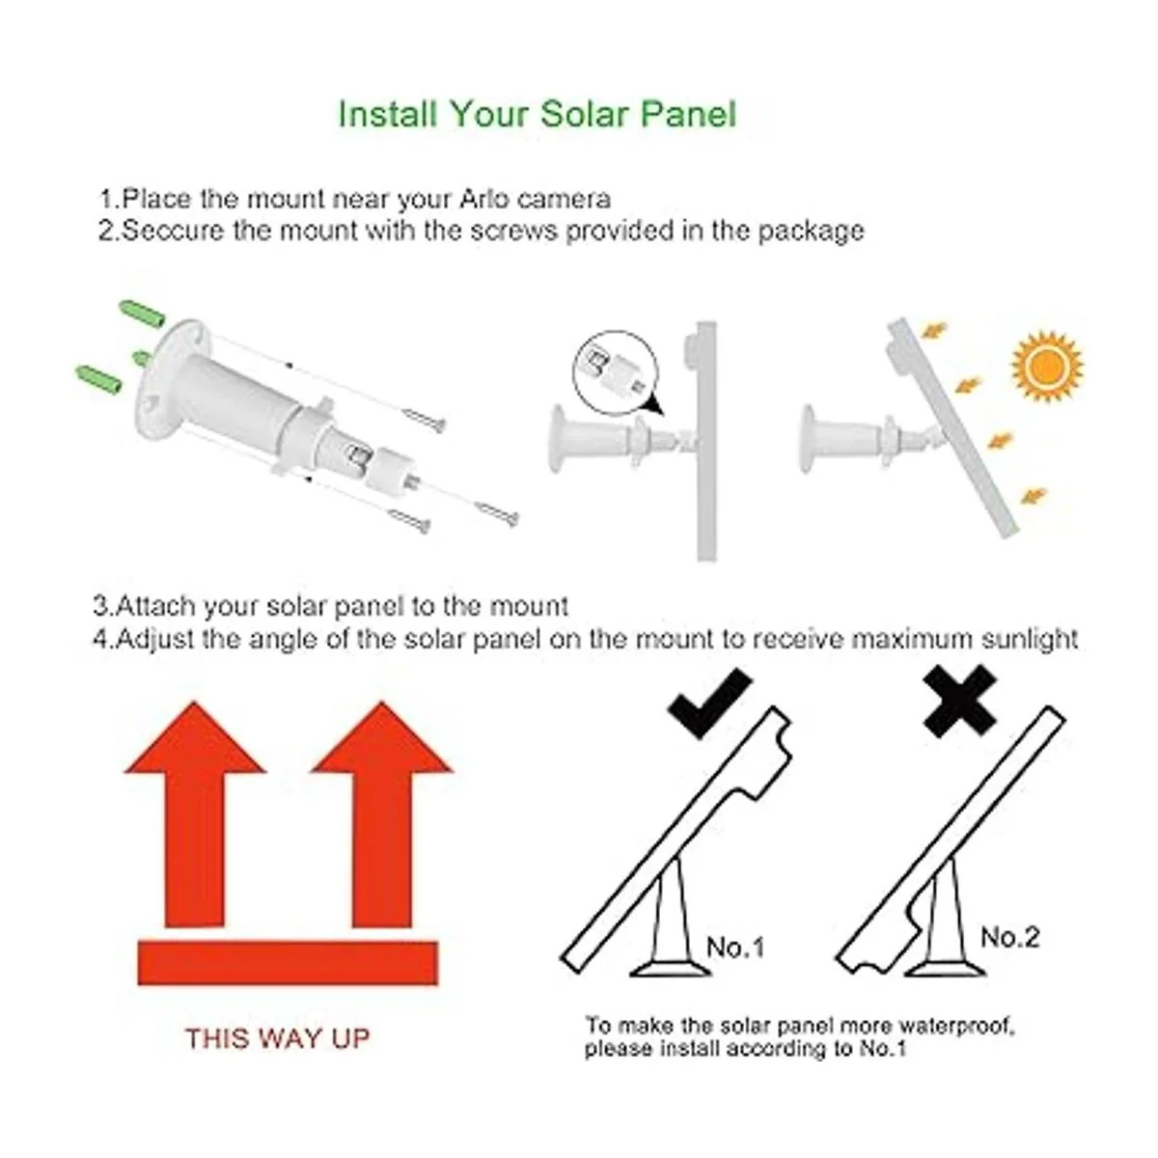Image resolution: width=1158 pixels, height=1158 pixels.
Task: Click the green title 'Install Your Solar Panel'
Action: [537, 114]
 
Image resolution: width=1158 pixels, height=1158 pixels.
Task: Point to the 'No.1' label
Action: [734, 948]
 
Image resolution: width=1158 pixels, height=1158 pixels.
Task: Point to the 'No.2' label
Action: [1009, 936]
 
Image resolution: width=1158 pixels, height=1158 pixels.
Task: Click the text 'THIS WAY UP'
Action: [278, 1038]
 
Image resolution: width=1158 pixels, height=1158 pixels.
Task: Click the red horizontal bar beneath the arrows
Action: [288, 963]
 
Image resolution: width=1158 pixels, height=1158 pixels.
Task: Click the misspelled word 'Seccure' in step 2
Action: [175, 231]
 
